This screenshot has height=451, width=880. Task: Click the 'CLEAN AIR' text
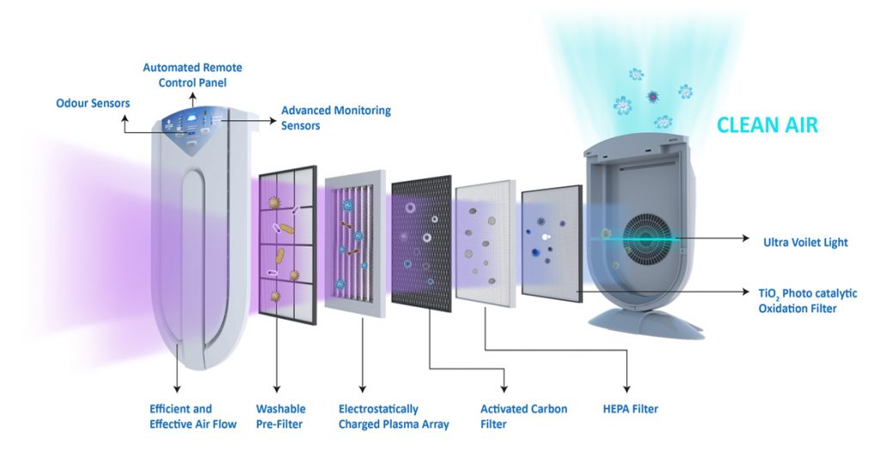click(767, 125)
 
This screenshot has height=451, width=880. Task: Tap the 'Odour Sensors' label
click(93, 104)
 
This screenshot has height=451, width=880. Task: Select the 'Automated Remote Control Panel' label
click(192, 75)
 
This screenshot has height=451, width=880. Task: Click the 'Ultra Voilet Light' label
click(805, 242)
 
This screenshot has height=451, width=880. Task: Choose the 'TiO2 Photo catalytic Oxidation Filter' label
click(807, 301)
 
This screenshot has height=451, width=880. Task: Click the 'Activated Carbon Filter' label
click(523, 417)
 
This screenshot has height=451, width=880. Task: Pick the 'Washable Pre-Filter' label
click(280, 417)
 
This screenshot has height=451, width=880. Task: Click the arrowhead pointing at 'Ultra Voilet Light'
click(748, 241)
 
